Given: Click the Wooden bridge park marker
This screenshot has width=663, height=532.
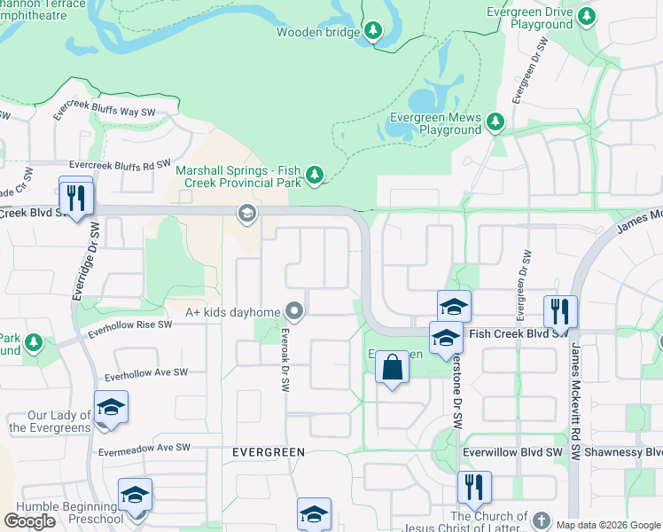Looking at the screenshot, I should pos(373,32).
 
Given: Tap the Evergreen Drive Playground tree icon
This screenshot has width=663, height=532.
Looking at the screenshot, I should pos(586,16).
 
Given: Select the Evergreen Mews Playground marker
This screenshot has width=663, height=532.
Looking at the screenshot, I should pos(495,121).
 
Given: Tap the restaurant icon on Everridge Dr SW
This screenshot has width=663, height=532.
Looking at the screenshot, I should pos(76,197).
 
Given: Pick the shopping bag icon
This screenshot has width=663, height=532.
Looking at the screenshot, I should pos(392,367).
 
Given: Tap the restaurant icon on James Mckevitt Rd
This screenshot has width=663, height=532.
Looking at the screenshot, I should pos(560,311).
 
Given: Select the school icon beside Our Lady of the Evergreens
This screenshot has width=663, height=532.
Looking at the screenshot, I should pos(111,408).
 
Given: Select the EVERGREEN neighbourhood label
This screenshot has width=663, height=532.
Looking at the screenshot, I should pos(268,452).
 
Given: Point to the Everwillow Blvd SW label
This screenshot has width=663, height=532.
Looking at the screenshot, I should pos(513,452).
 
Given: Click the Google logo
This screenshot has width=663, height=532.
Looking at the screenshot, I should pos(29,521).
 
